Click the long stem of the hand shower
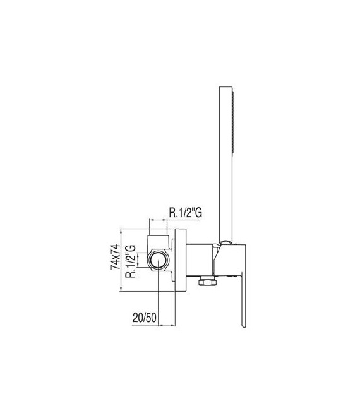tap(224, 164)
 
